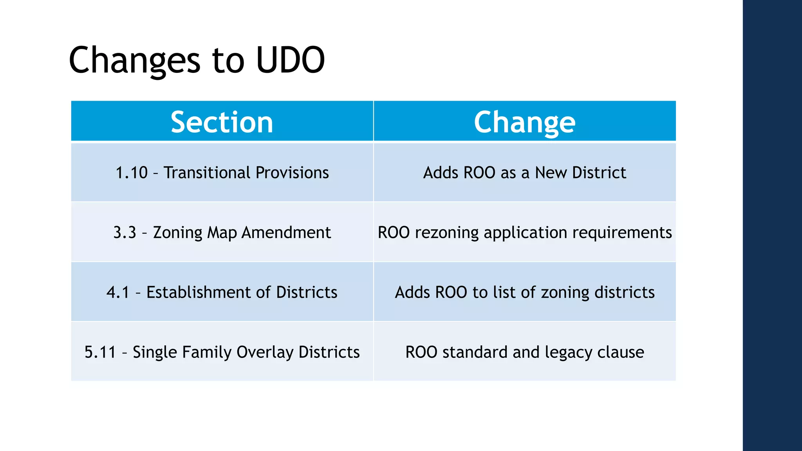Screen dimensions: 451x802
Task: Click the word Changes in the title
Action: coord(134,60)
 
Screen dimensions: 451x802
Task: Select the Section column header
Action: coord(222,122)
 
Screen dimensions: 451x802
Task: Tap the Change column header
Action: coord(524,122)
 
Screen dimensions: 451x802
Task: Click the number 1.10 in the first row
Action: coord(132,173)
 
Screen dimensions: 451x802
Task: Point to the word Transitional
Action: coord(207,173)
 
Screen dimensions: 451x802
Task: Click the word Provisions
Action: coord(292,173)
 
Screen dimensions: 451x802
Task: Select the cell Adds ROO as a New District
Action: coord(524,173)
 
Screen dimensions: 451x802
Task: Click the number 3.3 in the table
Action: coord(125,233)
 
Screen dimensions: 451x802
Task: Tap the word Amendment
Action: coord(286,233)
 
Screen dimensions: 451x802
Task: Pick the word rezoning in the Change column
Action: coord(446,233)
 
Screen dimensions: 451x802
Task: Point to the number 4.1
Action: coord(117,292)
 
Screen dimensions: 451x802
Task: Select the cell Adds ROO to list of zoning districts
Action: coord(524,292)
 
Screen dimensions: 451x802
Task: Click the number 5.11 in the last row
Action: coord(100,352)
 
